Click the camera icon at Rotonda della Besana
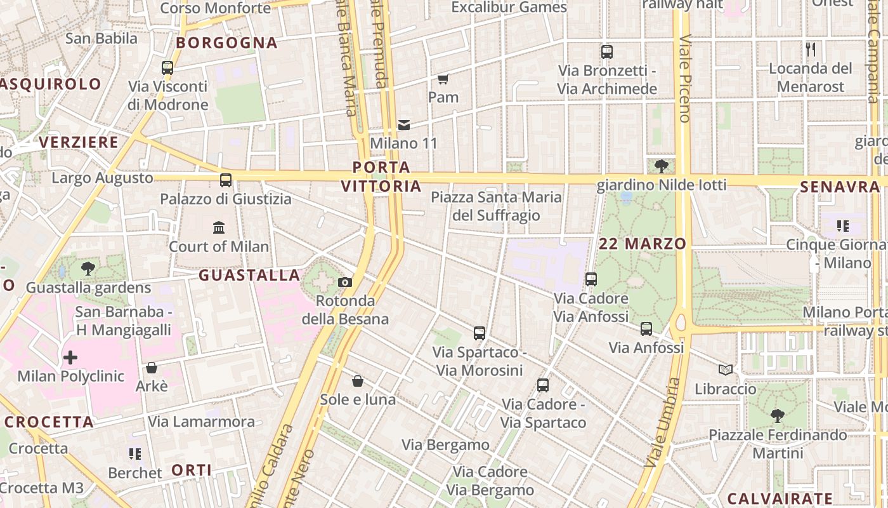pyautogui.click(x=345, y=282)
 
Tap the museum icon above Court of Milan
pyautogui.click(x=219, y=227)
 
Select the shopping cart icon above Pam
pyautogui.click(x=443, y=79)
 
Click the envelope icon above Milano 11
pyautogui.click(x=404, y=125)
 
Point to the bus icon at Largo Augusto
pyautogui.click(x=226, y=180)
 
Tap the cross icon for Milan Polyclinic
pyautogui.click(x=70, y=358)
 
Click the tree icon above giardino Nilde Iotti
pyautogui.click(x=662, y=166)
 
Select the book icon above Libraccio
pyautogui.click(x=726, y=370)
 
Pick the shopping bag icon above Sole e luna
pyautogui.click(x=358, y=381)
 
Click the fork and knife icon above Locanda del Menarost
pyautogui.click(x=811, y=50)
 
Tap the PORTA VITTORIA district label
pyautogui.click(x=381, y=177)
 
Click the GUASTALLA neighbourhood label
pyautogui.click(x=249, y=275)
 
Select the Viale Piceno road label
pyautogui.click(x=684, y=78)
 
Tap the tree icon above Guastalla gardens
pyautogui.click(x=88, y=269)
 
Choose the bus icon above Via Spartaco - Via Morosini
pyautogui.click(x=480, y=333)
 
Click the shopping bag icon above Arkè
pyautogui.click(x=152, y=368)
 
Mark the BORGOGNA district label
pyautogui.click(x=226, y=43)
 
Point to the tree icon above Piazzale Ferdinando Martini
pyautogui.click(x=777, y=416)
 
